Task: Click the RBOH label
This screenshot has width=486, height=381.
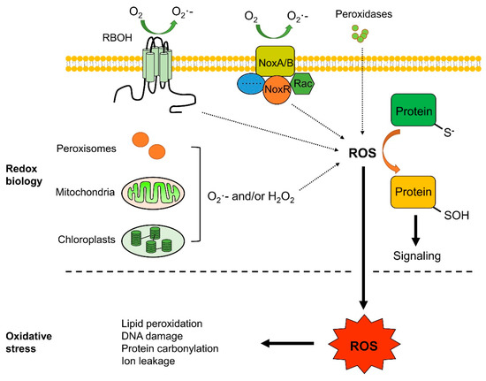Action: (118, 38)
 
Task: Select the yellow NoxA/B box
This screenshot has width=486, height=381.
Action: (275, 61)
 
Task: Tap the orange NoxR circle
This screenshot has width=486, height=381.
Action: (277, 89)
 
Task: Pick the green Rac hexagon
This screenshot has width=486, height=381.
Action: (302, 83)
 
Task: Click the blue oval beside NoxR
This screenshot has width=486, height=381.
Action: (251, 84)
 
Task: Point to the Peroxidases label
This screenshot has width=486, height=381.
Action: (363, 14)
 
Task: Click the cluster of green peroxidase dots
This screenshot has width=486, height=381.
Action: (360, 34)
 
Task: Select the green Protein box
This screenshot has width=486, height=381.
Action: (414, 110)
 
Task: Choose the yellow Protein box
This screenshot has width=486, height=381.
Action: (414, 192)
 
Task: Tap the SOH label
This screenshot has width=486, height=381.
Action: (456, 216)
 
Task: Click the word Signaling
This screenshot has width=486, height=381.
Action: (417, 255)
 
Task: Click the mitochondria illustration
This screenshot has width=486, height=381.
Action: (153, 193)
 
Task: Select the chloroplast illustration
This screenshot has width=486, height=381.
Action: (153, 240)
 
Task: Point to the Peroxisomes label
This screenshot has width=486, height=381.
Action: (87, 149)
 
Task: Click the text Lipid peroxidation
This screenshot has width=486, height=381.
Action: (162, 324)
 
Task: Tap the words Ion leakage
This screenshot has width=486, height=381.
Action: (148, 361)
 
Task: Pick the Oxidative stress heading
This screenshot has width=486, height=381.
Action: (29, 342)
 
